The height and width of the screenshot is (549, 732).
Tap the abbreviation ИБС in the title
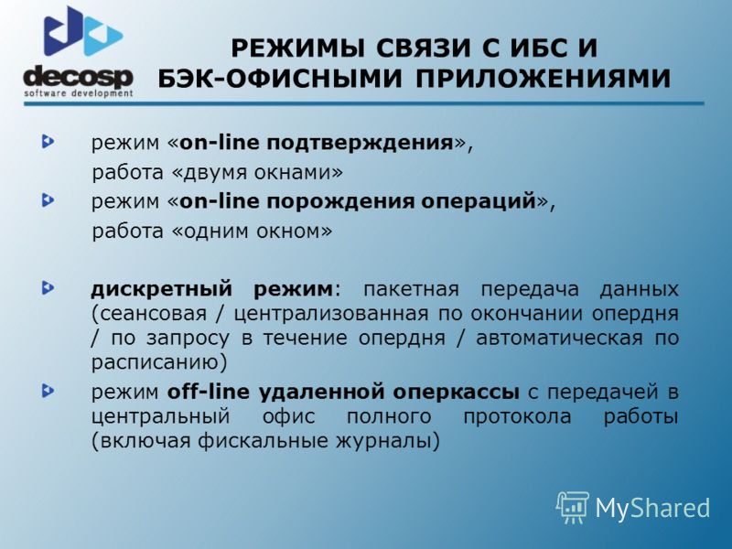[x=524, y=48]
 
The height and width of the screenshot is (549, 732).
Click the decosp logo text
[x=79, y=77]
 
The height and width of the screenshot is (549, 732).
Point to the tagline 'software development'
[x=79, y=93]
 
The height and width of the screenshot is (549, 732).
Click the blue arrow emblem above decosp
[x=83, y=31]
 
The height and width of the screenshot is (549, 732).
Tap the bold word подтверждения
[x=361, y=143]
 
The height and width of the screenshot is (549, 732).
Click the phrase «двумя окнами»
[x=258, y=172]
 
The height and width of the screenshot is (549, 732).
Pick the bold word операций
[x=479, y=201]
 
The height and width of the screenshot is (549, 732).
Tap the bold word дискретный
[x=162, y=289]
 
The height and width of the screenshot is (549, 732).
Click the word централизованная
[x=330, y=313]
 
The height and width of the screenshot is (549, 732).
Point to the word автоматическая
[x=559, y=338]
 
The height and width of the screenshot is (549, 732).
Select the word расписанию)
[x=159, y=362]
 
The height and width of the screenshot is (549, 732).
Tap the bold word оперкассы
[x=456, y=393]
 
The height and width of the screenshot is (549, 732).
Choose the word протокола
[x=517, y=416]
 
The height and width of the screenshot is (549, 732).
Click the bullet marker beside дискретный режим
[x=48, y=288]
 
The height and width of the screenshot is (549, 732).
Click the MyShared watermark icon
[x=573, y=507]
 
